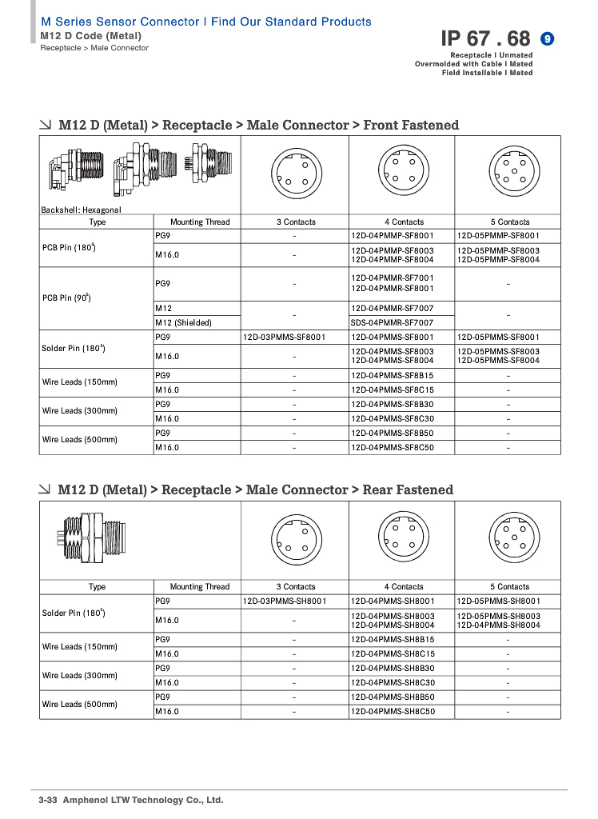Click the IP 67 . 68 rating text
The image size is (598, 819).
[485, 38]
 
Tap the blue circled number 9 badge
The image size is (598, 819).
[548, 38]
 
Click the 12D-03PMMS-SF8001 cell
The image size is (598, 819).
[284, 337]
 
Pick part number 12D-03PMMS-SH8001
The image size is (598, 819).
[284, 601]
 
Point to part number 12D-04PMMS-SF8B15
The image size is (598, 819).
[392, 375]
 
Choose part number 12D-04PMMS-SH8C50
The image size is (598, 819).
[392, 711]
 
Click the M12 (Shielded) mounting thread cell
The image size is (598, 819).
[183, 322]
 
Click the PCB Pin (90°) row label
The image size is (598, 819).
[66, 298]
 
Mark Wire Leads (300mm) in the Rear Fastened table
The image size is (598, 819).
[79, 675]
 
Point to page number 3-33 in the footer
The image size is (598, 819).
[50, 800]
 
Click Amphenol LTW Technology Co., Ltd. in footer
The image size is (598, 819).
[143, 800]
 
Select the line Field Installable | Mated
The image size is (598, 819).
[487, 73]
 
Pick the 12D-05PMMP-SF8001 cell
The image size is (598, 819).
[498, 236]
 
